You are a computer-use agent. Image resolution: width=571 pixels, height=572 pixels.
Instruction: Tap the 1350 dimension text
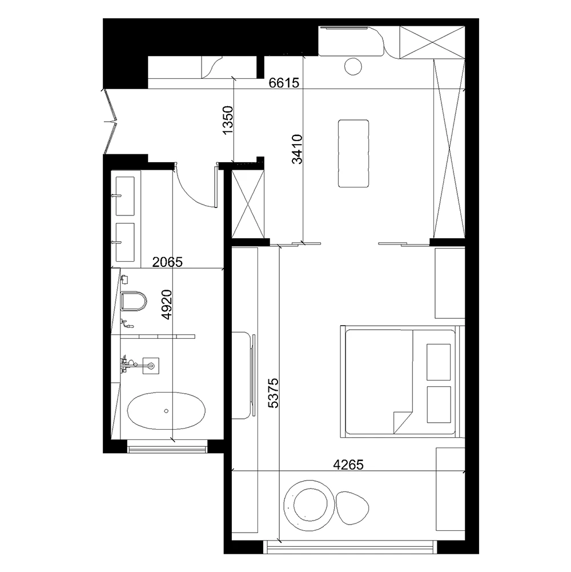click(x=227, y=120)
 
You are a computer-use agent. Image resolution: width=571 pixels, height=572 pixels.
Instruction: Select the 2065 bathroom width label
click(x=167, y=262)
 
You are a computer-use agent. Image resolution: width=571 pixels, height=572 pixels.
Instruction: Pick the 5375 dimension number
click(x=273, y=393)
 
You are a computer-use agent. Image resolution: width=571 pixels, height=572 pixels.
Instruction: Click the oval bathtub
click(x=166, y=411)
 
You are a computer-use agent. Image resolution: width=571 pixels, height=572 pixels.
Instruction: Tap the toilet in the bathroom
click(x=134, y=301)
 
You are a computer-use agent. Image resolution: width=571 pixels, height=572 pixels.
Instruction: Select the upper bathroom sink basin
click(x=126, y=196)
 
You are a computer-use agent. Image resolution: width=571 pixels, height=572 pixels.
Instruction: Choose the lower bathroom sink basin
click(x=126, y=242)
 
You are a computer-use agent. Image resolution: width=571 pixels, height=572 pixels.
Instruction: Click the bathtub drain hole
click(x=166, y=411)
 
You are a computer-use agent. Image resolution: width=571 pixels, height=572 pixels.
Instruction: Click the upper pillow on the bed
click(x=439, y=362)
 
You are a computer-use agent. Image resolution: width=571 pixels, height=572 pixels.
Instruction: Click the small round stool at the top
click(x=353, y=66)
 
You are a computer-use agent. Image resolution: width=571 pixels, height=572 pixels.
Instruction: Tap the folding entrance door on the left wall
click(x=110, y=121)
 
